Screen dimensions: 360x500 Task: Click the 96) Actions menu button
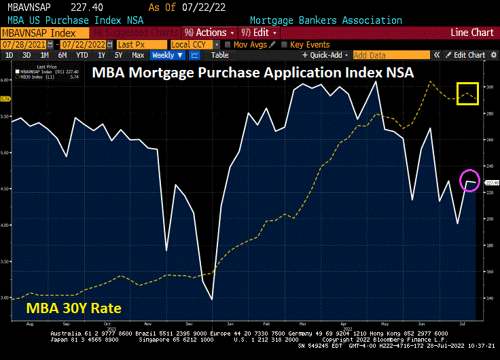pos(209,33)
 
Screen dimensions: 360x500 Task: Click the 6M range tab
pos(62,55)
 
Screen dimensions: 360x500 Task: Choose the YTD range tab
pos(82,55)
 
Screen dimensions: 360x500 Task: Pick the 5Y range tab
pos(119,55)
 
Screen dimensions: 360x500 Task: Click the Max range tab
pos(138,55)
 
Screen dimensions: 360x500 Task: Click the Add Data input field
pos(391,55)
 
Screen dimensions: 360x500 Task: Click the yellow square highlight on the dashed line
pos(468,94)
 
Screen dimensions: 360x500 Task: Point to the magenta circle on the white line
pos(469,181)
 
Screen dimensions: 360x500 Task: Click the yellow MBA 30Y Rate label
pos(73,308)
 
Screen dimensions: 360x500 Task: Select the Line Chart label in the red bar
pos(472,33)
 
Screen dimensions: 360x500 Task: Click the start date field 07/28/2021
pos(20,44)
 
